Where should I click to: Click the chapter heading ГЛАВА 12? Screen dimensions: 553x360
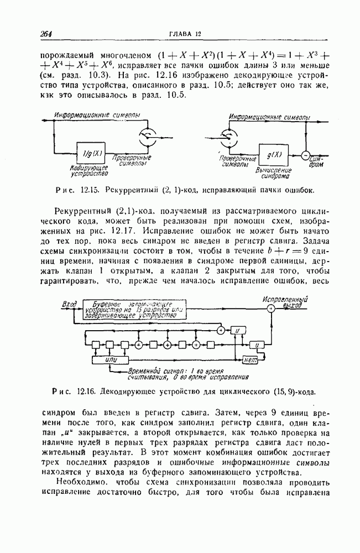pyautogui.click(x=185, y=35)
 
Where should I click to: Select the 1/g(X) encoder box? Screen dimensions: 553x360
pyautogui.click(x=90, y=150)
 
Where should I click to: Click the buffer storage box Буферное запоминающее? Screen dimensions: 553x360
pyautogui.click(x=133, y=310)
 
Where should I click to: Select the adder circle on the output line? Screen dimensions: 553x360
pyautogui.click(x=270, y=310)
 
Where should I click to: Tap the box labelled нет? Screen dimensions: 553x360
pyautogui.click(x=252, y=359)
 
